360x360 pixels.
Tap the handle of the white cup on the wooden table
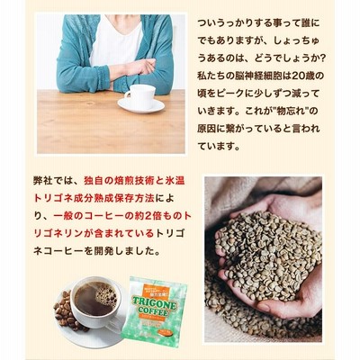[x=127, y=94]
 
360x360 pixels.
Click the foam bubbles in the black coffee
[x=106, y=294]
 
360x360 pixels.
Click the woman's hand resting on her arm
[x=141, y=67]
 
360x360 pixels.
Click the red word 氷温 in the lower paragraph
[x=174, y=181]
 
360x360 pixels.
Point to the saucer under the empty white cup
[x=141, y=105]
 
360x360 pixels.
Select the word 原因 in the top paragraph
[x=206, y=129]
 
